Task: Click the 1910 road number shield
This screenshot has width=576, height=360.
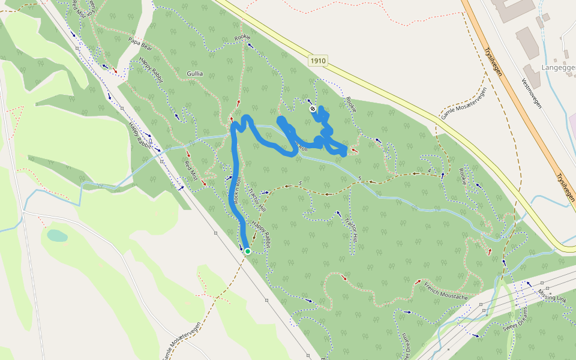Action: point(319,61)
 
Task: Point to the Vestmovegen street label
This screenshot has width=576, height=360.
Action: point(532,92)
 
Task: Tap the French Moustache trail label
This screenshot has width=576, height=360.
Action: point(445,291)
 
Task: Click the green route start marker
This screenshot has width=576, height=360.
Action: point(247,251)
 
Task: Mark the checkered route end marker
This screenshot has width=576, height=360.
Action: point(313,109)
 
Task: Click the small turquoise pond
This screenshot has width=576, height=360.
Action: point(57,236)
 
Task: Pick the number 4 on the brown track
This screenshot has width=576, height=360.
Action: point(430,172)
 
